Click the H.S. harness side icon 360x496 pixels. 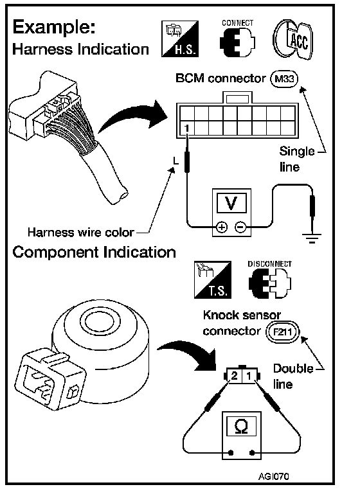[180, 39]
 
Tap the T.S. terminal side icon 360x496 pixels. [213, 279]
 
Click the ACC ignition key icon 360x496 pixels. [292, 39]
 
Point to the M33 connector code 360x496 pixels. [284, 79]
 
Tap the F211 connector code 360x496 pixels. [282, 332]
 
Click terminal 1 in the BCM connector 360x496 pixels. [187, 128]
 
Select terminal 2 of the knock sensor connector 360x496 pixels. [234, 375]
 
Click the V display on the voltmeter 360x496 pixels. [231, 203]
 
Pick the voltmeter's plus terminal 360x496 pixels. [222, 227]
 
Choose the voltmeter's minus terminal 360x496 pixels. [241, 227]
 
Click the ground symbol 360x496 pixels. [312, 238]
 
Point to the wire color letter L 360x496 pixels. [175, 161]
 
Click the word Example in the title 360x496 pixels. [54, 28]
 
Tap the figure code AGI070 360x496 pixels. [273, 476]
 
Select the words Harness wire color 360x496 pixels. [81, 232]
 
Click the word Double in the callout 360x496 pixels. [293, 369]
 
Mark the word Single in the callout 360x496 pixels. [297, 152]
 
